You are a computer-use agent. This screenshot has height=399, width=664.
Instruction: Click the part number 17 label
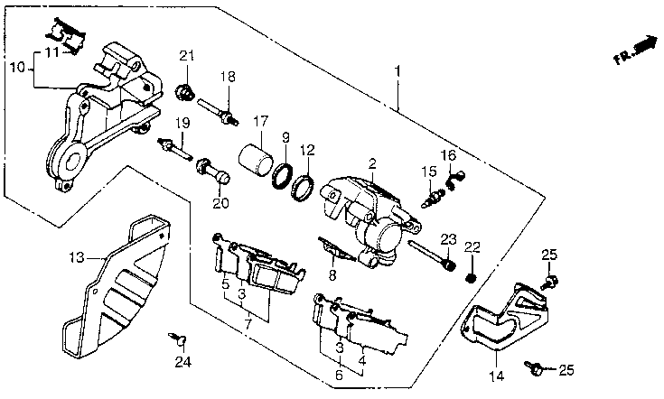[x=260, y=122]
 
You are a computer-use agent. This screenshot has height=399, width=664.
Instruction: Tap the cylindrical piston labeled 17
[x=255, y=160]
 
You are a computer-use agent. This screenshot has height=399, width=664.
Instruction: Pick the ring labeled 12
[x=303, y=189]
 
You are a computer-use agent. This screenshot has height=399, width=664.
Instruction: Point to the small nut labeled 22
[x=470, y=279]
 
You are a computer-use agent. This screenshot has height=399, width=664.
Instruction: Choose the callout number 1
[x=397, y=71]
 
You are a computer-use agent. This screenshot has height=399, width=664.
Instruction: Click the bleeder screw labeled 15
[x=434, y=197]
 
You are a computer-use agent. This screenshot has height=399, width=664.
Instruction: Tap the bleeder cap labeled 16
[x=454, y=179]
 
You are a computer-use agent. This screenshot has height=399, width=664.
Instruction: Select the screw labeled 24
[x=179, y=339]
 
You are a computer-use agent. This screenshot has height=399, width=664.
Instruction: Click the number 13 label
[x=77, y=257]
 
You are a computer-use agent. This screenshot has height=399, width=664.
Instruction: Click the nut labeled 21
[x=184, y=92]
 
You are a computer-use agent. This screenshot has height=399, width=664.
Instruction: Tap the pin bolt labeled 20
[x=212, y=170]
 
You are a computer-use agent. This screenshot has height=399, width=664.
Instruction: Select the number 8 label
[x=332, y=275]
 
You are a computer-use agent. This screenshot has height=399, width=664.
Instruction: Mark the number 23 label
[x=448, y=239]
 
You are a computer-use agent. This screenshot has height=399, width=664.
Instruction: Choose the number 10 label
[x=18, y=68]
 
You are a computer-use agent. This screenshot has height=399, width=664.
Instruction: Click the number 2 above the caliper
[x=372, y=163]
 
